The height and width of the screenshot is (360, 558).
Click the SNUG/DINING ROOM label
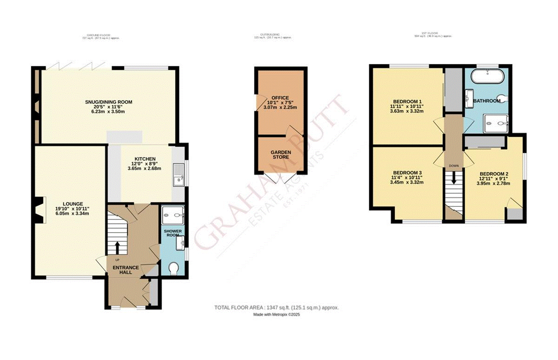108,102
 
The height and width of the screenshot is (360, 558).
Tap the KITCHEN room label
145,159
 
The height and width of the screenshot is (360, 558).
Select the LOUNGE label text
73,203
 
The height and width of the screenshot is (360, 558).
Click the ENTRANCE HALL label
126,270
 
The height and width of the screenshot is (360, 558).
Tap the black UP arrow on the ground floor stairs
116,246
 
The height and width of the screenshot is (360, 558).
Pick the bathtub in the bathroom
486,76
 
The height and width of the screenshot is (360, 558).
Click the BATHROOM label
486,101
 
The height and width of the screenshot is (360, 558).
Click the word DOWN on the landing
453,166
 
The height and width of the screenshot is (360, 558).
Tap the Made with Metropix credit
276,315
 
